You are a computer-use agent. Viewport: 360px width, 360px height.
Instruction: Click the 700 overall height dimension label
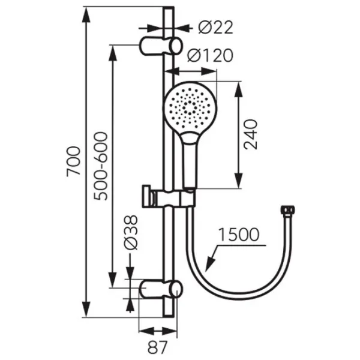coord(73,161)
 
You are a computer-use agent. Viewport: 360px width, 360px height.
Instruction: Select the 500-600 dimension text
coord(101,166)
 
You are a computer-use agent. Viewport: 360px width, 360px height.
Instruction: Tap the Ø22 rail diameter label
coord(215,28)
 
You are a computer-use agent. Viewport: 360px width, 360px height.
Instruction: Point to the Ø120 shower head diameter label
coord(210,55)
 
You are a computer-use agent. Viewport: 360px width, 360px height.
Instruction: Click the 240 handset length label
coord(250,134)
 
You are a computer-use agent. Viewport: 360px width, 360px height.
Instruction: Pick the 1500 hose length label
coord(239,235)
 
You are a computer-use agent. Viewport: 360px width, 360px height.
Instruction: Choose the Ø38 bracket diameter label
coord(131,232)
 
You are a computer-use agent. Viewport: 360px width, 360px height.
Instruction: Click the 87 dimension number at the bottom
coord(157,347)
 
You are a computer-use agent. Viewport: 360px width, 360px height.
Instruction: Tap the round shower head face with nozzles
coord(190,107)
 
